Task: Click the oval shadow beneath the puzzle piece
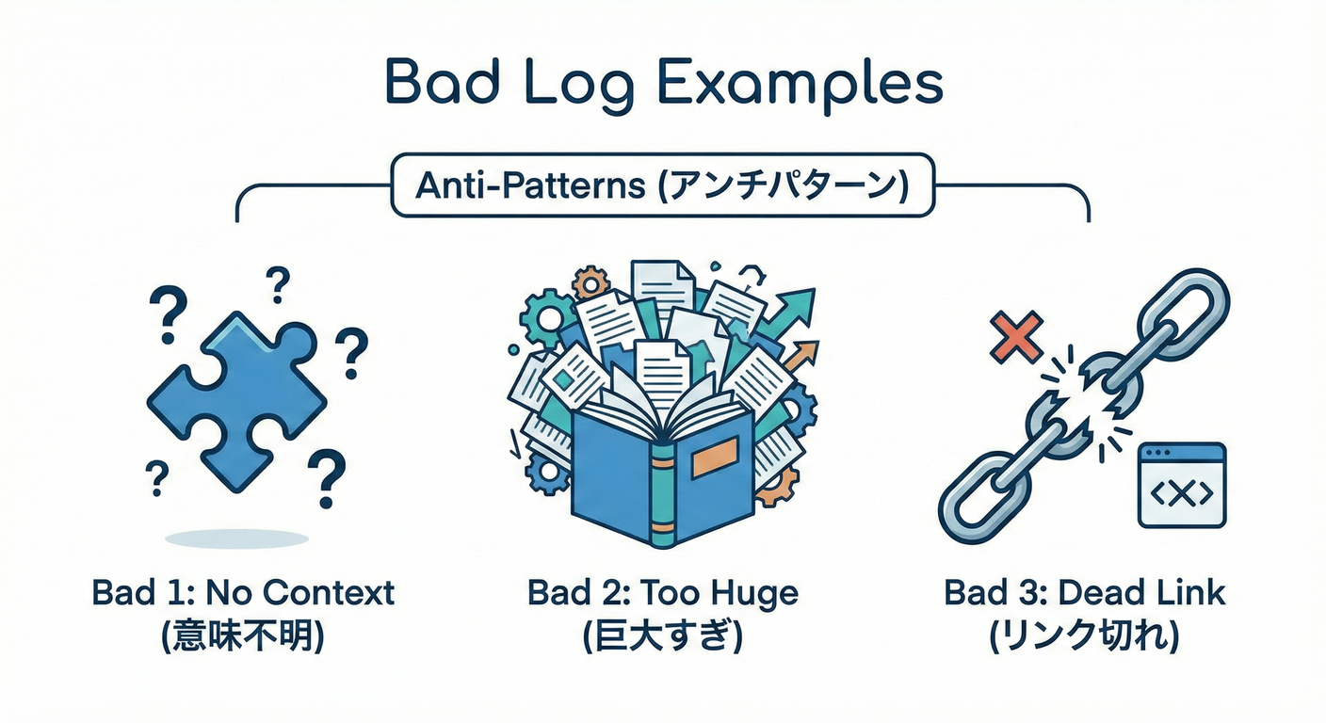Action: pyautogui.click(x=236, y=538)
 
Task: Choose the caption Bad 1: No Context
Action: pyautogui.click(x=243, y=593)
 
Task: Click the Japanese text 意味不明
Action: pyautogui.click(x=243, y=638)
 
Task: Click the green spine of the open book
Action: pyautogui.click(x=663, y=490)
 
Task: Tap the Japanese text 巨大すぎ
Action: pyautogui.click(x=662, y=638)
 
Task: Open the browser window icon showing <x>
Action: pyautogui.click(x=1182, y=485)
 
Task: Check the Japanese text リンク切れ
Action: pyautogui.click(x=1085, y=638)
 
